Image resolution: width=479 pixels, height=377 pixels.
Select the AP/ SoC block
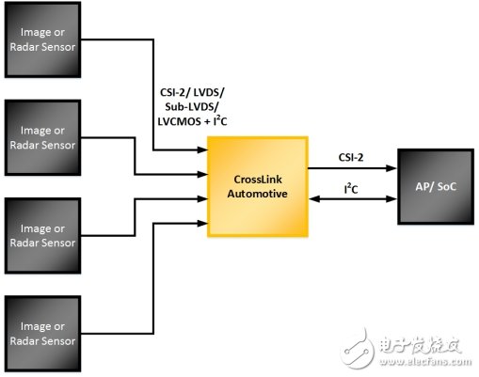coord(436,185)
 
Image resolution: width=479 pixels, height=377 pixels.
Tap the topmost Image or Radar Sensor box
coord(43,40)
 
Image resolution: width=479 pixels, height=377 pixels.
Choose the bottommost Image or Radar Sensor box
coord(43,330)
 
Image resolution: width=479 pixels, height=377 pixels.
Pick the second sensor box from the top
coord(43,136)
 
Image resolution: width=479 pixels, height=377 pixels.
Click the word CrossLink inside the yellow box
coord(260,179)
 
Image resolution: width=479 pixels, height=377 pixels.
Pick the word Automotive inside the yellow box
coord(260,194)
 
